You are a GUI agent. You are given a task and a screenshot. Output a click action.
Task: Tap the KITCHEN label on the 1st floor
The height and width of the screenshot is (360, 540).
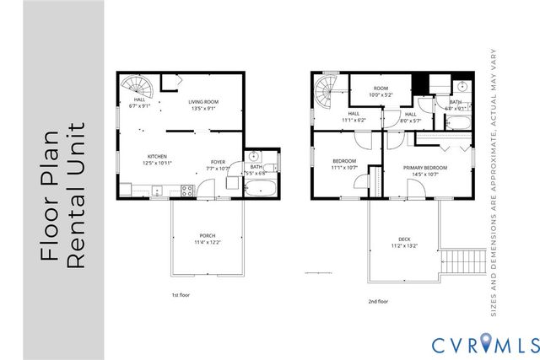point(157,156)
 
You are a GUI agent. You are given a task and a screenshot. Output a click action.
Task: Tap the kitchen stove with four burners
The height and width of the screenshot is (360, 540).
point(187,192)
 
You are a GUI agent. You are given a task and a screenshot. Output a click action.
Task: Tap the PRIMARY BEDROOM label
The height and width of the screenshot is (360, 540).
point(424,168)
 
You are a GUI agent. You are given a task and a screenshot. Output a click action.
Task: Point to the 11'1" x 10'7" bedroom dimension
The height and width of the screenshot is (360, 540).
point(344,168)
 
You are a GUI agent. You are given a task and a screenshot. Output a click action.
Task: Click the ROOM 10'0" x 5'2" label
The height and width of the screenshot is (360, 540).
point(381,91)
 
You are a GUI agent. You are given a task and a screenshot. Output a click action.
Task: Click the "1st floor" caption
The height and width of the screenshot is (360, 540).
point(181,295)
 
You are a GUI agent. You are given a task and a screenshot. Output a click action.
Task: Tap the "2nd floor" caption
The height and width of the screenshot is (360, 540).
point(378,301)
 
